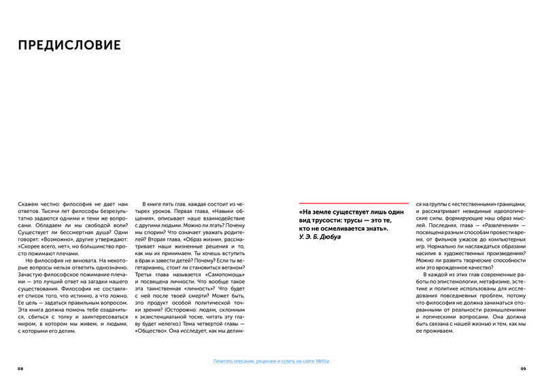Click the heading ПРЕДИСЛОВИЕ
pyautogui.click(x=69, y=46)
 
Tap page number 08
pyautogui.click(x=21, y=368)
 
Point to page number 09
pyautogui.click(x=523, y=368)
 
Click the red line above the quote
pyautogui.click(x=354, y=203)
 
